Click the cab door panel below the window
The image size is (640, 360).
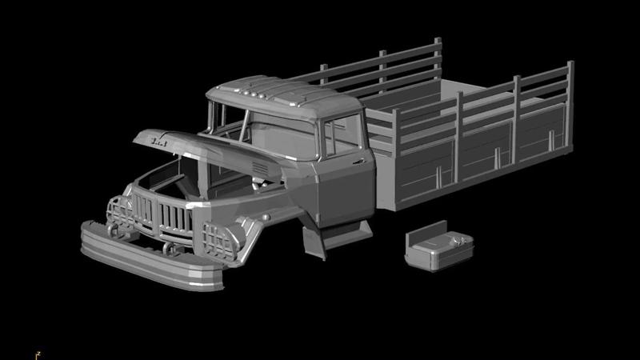pyautogui.click(x=344, y=192)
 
